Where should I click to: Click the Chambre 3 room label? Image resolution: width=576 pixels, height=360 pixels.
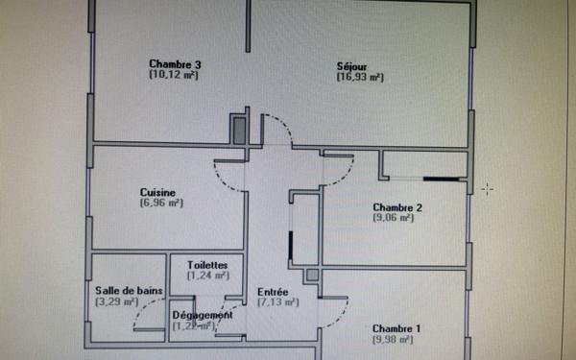pyautogui.click(x=174, y=64)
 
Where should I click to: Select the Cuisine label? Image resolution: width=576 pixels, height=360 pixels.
pyautogui.click(x=158, y=192)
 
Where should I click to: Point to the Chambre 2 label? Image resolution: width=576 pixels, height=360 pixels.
pyautogui.click(x=397, y=207)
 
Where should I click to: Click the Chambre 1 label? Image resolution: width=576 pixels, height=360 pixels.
pyautogui.click(x=396, y=327)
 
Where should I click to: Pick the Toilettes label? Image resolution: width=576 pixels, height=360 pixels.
pyautogui.click(x=207, y=264)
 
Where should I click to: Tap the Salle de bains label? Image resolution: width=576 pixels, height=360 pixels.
pyautogui.click(x=130, y=291)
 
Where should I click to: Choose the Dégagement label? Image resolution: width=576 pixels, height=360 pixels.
pyautogui.click(x=202, y=315)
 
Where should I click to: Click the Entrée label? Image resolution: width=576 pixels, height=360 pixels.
pyautogui.click(x=274, y=291)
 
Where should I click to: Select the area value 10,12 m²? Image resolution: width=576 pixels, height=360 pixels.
pyautogui.click(x=174, y=75)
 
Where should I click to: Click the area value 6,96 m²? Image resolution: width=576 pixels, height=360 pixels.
pyautogui.click(x=160, y=203)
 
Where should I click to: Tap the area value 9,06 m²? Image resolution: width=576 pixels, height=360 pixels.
pyautogui.click(x=394, y=218)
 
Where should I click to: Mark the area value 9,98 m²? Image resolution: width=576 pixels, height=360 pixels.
pyautogui.click(x=394, y=338)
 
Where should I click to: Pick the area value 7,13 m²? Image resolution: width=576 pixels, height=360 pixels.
pyautogui.click(x=277, y=301)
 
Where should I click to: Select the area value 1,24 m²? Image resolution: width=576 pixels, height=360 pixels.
pyautogui.click(x=207, y=275)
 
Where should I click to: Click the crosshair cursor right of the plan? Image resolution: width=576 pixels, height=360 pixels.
pyautogui.click(x=488, y=189)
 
